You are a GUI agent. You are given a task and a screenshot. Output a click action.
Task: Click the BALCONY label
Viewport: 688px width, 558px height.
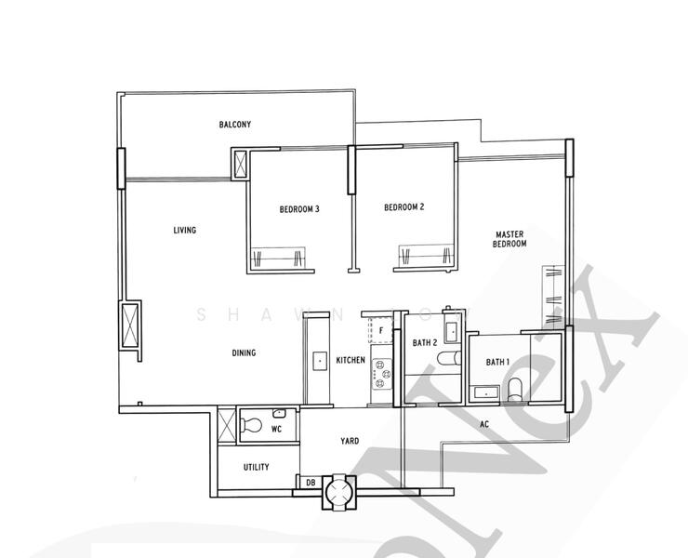[x=235, y=125]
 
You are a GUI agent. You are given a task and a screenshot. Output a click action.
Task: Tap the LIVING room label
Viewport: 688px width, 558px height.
[x=185, y=230]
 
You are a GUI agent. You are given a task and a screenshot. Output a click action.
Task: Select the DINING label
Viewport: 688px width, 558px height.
[x=244, y=352]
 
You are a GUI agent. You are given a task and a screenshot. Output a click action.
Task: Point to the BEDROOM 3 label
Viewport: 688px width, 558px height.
[x=299, y=209]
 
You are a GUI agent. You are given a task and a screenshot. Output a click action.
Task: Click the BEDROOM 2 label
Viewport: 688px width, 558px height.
[x=404, y=207]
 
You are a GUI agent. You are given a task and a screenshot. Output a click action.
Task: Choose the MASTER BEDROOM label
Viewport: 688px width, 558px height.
[x=510, y=239]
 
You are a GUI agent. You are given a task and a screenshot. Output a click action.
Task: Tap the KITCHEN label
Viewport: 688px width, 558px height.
[x=351, y=360]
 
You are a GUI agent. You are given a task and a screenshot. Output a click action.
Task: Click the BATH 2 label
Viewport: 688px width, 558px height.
[x=425, y=343]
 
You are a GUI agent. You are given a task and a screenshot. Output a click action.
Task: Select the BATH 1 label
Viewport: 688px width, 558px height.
[x=497, y=362]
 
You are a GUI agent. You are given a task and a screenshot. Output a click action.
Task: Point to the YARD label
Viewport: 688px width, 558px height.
[x=350, y=442]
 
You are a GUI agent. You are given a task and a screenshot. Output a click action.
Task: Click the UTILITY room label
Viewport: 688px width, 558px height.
[x=256, y=467]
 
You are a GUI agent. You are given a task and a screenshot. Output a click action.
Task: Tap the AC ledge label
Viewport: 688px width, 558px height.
[x=484, y=425]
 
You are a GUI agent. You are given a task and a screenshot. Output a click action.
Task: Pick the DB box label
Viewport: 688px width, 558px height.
[x=309, y=482]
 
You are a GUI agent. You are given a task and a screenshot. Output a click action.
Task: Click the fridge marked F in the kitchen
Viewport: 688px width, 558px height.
[x=380, y=330]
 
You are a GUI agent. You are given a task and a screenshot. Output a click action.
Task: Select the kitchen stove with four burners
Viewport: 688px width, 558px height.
[x=380, y=374]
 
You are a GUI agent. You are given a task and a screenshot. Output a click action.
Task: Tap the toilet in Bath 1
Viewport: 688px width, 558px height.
[x=517, y=387]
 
